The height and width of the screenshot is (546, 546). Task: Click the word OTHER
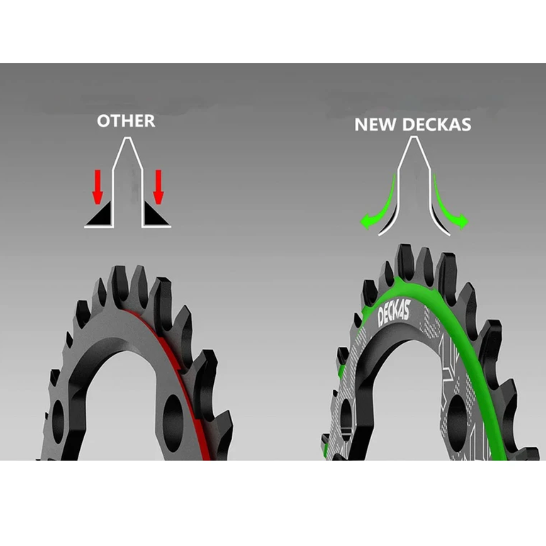click(126, 121)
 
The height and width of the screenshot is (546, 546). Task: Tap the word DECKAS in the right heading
click(437, 124)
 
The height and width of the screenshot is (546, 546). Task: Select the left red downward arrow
click(98, 187)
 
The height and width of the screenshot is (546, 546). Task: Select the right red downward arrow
click(158, 187)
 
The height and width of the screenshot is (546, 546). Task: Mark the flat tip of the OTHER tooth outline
click(128, 138)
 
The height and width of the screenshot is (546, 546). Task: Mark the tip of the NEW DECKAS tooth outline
click(414, 137)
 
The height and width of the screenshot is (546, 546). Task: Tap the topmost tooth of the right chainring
click(405, 259)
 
